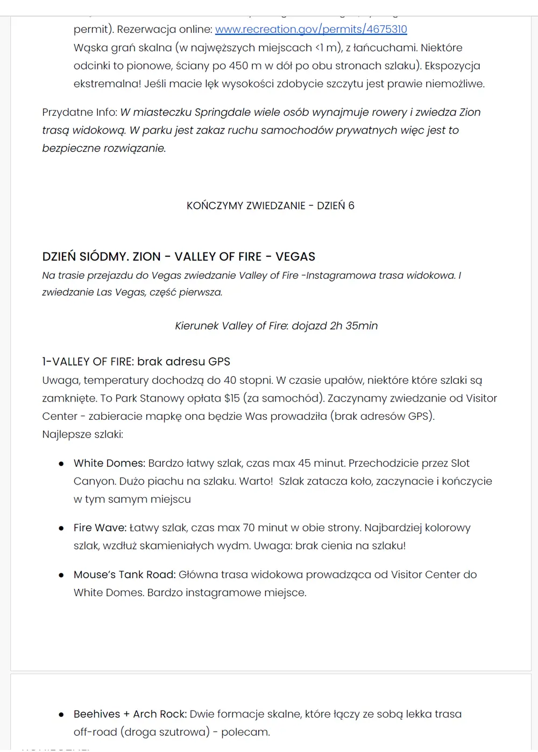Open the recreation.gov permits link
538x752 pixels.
(311, 29)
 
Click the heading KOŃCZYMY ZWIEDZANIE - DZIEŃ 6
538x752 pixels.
(270, 206)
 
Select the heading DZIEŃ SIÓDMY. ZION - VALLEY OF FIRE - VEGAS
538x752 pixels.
(179, 257)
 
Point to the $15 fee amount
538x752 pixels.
(232, 398)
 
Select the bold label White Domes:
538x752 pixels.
(109, 463)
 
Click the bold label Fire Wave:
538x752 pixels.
(100, 528)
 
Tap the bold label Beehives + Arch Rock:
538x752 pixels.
(130, 714)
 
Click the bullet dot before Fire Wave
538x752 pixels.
(61, 529)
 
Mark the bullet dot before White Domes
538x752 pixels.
(61, 464)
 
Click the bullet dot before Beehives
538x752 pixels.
(61, 715)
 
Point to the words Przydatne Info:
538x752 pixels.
(80, 113)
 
